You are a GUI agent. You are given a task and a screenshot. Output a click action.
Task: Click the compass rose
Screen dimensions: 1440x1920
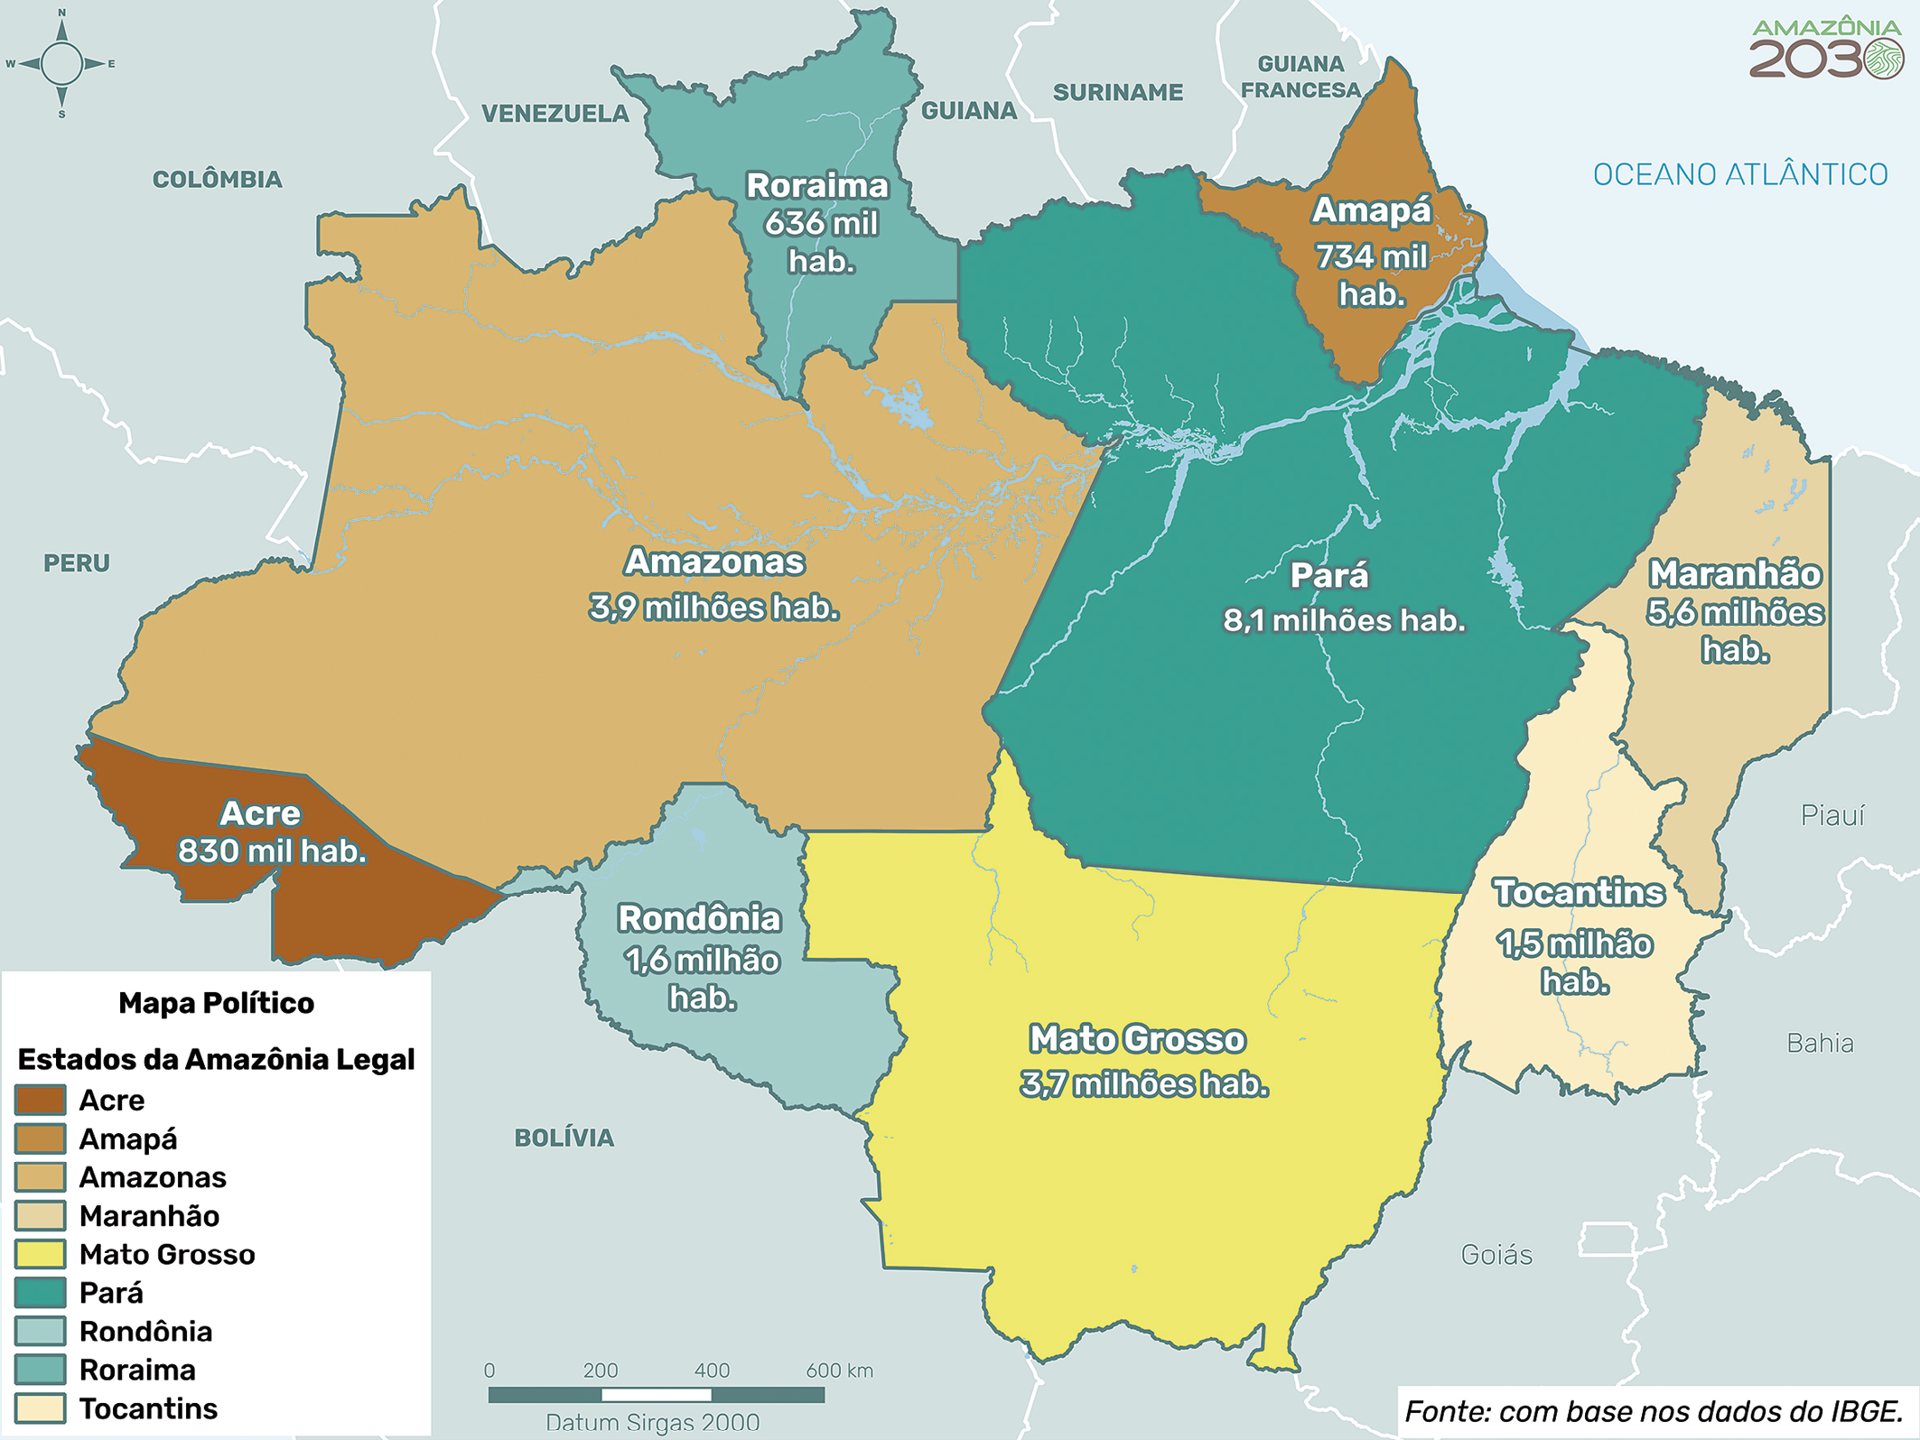click(x=61, y=63)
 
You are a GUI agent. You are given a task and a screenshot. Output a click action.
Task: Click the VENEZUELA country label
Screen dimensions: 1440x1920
click(x=555, y=114)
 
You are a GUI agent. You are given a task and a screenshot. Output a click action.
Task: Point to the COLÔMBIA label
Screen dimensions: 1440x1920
click(x=217, y=180)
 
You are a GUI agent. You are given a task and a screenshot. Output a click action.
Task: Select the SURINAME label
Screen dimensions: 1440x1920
click(x=1118, y=92)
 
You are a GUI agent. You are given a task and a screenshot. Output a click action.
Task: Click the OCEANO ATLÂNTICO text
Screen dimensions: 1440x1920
click(x=1740, y=174)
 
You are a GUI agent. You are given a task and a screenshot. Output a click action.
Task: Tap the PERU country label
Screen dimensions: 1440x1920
click(x=77, y=563)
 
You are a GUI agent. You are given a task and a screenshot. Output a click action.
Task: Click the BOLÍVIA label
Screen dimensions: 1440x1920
click(x=564, y=1138)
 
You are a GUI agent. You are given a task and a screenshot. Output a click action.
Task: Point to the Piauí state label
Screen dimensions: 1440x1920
click(x=1832, y=816)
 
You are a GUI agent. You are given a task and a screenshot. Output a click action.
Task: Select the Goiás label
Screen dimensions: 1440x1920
click(x=1496, y=1255)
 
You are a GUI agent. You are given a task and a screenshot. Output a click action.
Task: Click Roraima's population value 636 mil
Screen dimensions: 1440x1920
click(x=821, y=224)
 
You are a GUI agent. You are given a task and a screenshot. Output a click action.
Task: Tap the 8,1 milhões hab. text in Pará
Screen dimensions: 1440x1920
click(x=1344, y=621)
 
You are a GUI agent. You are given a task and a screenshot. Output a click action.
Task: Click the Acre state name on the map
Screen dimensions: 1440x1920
click(x=260, y=813)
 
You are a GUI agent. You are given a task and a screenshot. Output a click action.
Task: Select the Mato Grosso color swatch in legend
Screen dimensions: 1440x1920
click(x=41, y=1254)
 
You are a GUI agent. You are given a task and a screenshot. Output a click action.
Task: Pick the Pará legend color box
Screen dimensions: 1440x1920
click(x=41, y=1293)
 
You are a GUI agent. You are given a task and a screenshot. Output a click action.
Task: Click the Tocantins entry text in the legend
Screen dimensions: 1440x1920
click(x=148, y=1408)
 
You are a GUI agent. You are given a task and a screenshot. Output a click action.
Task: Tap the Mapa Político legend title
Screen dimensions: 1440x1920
click(x=216, y=1003)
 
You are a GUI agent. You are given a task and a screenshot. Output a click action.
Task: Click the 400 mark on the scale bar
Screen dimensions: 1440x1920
click(x=712, y=1370)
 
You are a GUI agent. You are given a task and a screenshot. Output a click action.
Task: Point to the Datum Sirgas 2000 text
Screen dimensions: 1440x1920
click(x=652, y=1423)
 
